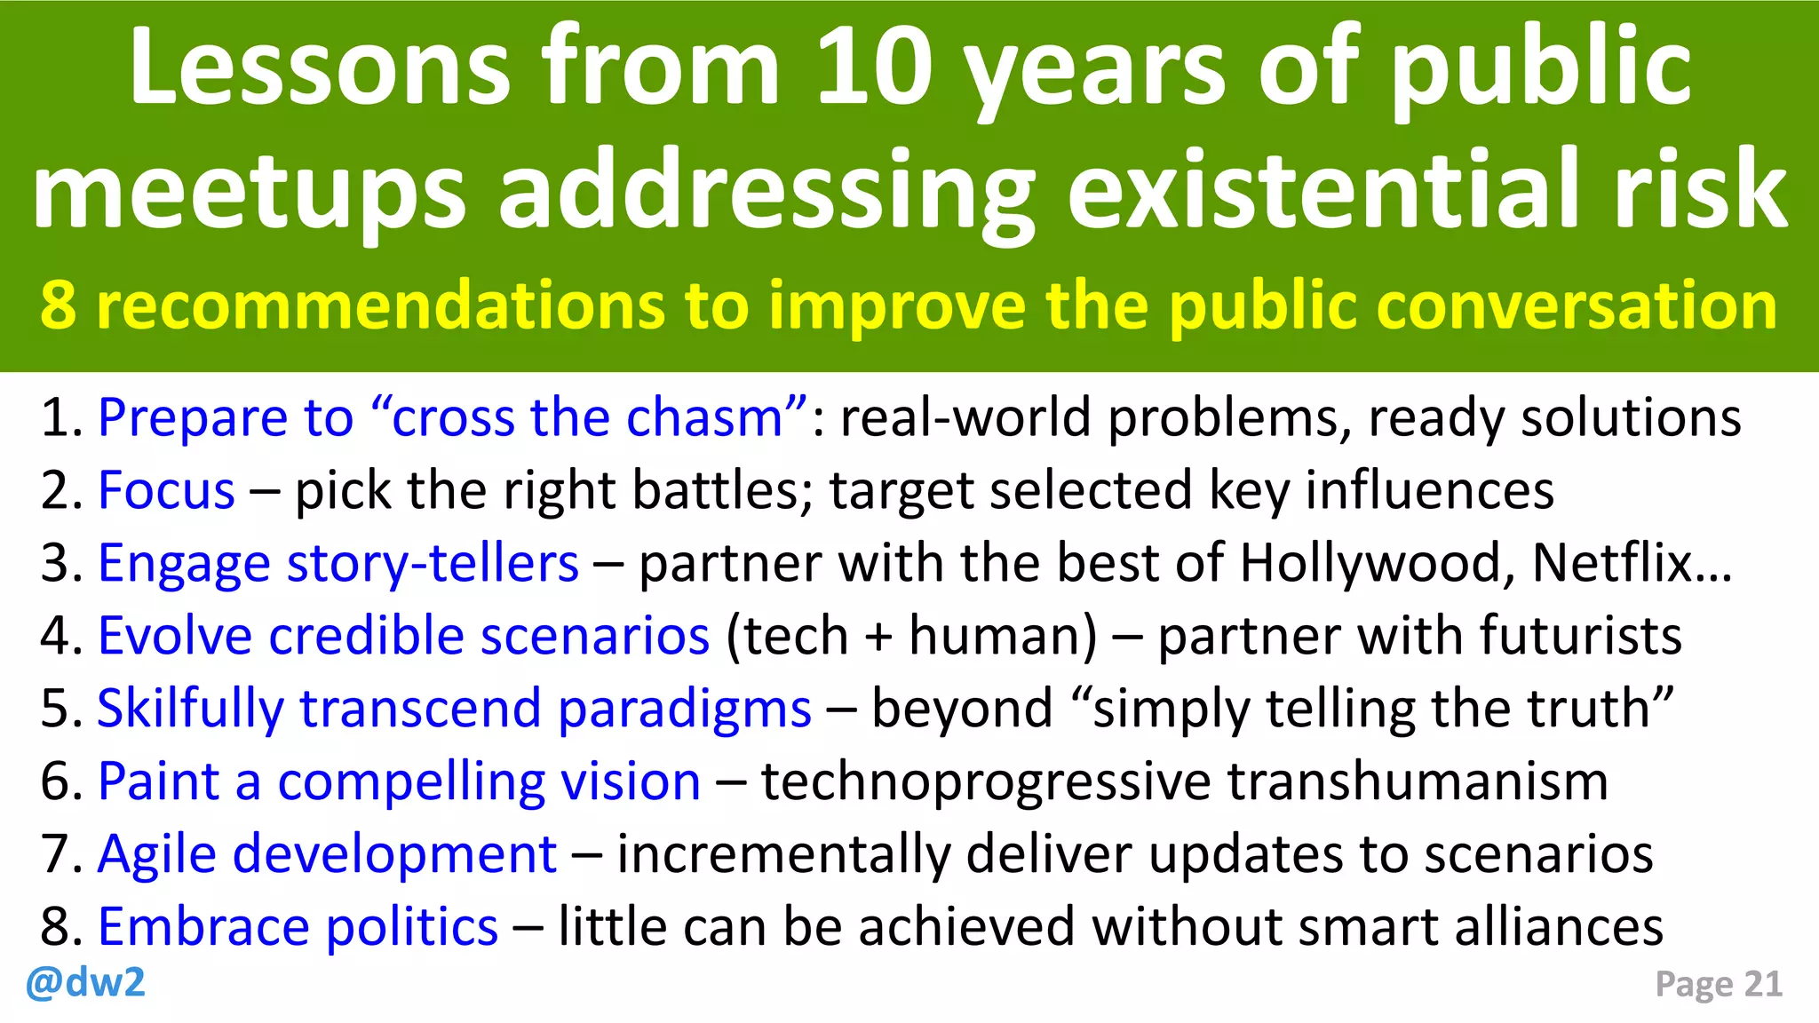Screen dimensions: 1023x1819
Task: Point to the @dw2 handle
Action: click(85, 983)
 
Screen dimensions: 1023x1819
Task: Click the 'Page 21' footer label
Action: click(1719, 984)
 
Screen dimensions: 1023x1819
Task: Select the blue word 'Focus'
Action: click(166, 490)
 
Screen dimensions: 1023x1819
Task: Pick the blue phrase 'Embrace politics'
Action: click(298, 927)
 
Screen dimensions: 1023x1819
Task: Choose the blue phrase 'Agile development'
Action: click(327, 854)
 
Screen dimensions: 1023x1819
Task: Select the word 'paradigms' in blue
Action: click(685, 709)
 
